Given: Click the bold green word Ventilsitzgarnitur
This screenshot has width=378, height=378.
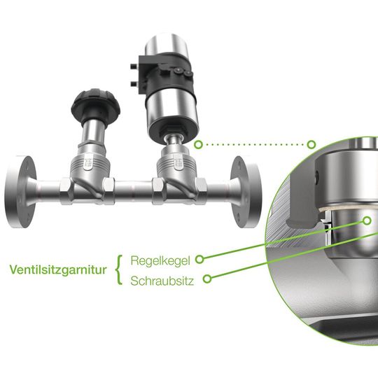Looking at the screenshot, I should [58, 269].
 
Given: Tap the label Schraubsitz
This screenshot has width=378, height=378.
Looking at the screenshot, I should [162, 280].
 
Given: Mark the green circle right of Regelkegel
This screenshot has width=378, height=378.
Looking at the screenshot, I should [199, 259].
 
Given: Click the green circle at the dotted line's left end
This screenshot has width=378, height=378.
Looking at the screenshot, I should [199, 145].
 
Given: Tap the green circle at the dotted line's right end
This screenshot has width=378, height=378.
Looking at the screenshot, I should [312, 145].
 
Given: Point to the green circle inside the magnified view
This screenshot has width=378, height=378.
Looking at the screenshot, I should [366, 220].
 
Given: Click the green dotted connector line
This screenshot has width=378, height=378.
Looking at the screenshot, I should [255, 145].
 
